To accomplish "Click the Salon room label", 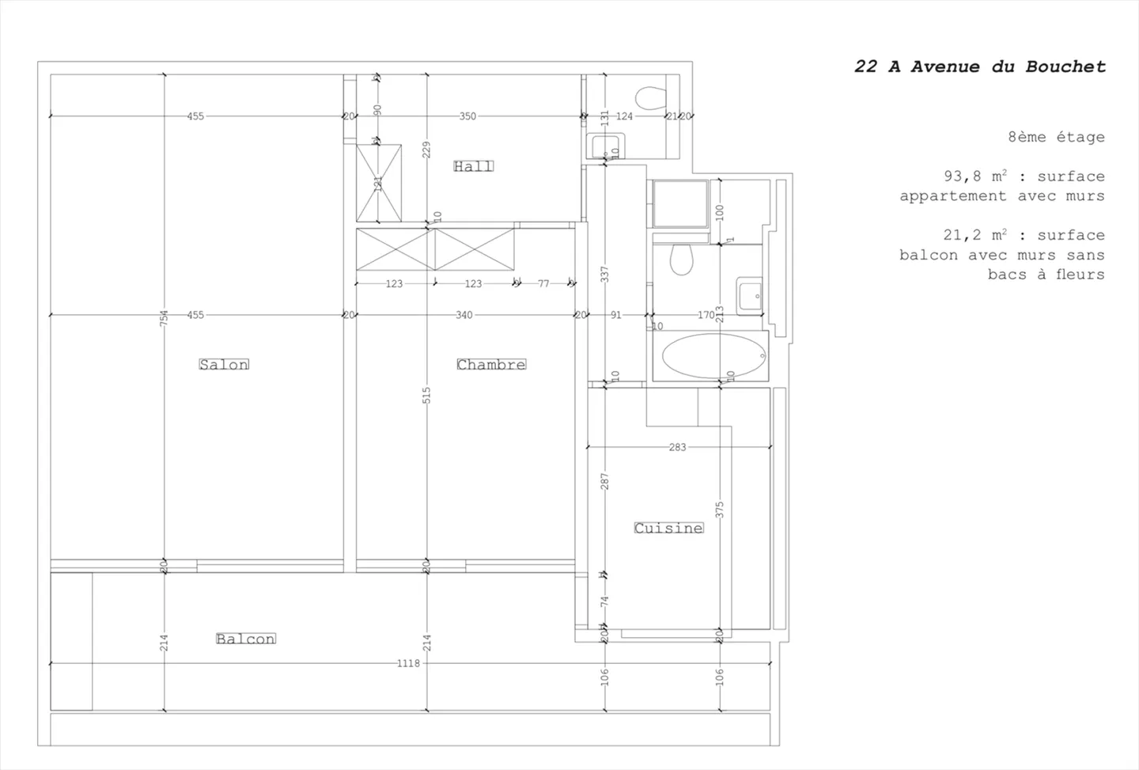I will pyautogui.click(x=224, y=364).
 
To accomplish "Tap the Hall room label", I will pyautogui.click(x=473, y=166).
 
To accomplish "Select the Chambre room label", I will pyautogui.click(x=491, y=364).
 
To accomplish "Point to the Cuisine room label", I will pyautogui.click(x=668, y=528).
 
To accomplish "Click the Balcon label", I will pyautogui.click(x=245, y=639).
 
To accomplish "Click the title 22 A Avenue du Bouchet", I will pyautogui.click(x=979, y=67).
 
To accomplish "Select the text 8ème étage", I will pyautogui.click(x=1056, y=137).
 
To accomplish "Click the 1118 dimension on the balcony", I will pyautogui.click(x=408, y=663).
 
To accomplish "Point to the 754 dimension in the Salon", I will pyautogui.click(x=165, y=318).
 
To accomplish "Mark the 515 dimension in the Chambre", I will pyautogui.click(x=427, y=395).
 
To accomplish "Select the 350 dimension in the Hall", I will pyautogui.click(x=467, y=116).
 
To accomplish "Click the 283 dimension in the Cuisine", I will pyautogui.click(x=678, y=447).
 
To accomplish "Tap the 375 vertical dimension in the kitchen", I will pyautogui.click(x=720, y=510).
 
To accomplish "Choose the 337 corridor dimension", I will pyautogui.click(x=605, y=274).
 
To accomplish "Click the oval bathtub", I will pyautogui.click(x=714, y=356).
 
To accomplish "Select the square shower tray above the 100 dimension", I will pyautogui.click(x=680, y=204).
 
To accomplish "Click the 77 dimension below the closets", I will pyautogui.click(x=543, y=283).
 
